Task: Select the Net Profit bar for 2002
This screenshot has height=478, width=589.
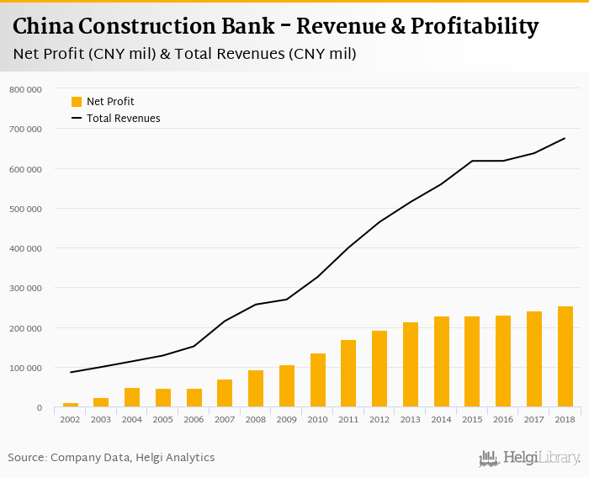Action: click(71, 405)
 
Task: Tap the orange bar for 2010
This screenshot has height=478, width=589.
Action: click(318, 380)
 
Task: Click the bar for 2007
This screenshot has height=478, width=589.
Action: click(225, 393)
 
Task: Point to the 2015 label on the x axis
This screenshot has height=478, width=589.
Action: click(472, 419)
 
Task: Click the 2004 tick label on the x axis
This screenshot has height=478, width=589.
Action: click(132, 419)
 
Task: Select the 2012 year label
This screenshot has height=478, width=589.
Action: click(379, 419)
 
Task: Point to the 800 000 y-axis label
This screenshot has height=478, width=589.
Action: click(25, 89)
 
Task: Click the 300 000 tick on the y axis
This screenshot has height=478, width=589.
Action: click(25, 288)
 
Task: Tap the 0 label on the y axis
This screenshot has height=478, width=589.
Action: click(38, 408)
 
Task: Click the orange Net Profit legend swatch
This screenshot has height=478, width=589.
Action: click(77, 102)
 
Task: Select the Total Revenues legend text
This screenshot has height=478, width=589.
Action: click(123, 119)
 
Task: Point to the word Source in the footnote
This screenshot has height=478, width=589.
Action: click(27, 458)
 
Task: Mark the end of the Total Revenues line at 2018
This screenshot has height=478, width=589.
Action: click(565, 138)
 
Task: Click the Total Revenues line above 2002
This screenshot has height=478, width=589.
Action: click(71, 372)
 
